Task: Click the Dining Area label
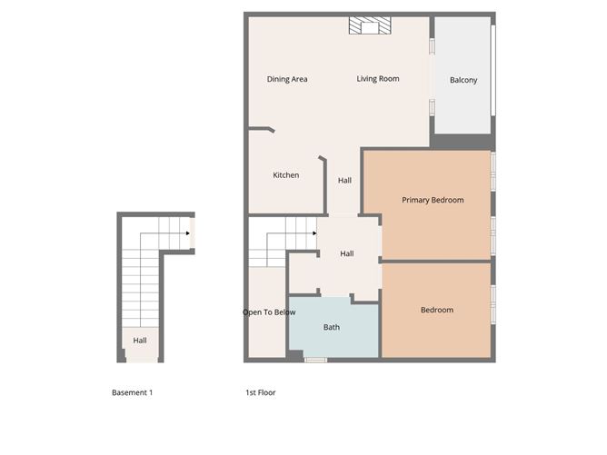287,80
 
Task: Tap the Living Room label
378,80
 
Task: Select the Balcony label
463,81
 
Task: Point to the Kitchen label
286,175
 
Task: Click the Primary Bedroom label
433,201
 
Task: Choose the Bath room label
332,328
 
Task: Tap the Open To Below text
269,312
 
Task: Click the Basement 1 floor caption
133,393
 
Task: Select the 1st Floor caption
261,393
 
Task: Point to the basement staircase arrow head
187,234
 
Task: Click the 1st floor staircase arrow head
313,233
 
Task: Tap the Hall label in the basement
140,341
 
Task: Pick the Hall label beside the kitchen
345,181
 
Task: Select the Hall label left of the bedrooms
347,254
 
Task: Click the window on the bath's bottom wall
315,361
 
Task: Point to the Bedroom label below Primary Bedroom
436,311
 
